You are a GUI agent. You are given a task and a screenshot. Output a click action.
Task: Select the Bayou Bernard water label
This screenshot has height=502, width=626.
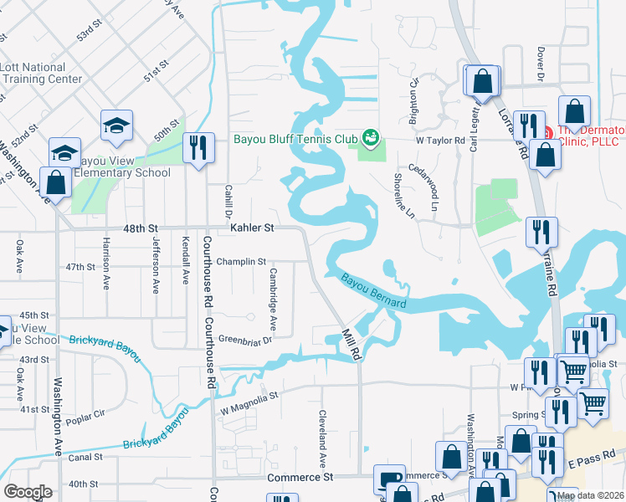tap(373, 290)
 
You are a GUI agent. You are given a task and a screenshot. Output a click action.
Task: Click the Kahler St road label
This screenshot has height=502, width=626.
tap(251, 228)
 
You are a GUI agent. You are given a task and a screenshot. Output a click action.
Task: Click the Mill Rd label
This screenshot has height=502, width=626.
tap(351, 345)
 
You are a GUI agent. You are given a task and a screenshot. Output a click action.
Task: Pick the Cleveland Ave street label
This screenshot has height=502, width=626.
tap(321, 438)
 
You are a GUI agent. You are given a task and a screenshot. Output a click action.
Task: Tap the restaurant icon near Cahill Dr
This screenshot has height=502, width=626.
tap(198, 148)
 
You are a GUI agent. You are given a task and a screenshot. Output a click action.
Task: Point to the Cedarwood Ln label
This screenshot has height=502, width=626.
tap(423, 186)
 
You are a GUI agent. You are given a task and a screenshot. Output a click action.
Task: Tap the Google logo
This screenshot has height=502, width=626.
tap(28, 492)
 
